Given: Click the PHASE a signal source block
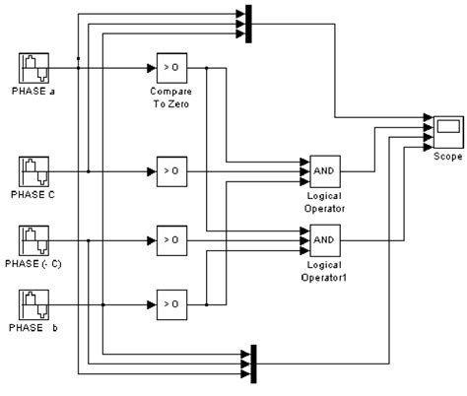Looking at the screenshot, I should tap(34, 70).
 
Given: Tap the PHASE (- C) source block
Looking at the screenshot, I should tap(34, 240).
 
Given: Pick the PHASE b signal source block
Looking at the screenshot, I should tap(34, 307).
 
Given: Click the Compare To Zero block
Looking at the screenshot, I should tap(169, 69).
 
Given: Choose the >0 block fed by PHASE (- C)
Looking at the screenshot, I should tap(169, 239).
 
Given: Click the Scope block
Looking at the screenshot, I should tap(446, 129).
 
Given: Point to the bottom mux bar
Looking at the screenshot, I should tap(253, 362).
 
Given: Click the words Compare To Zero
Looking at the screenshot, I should tap(169, 99).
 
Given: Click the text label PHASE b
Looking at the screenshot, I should tap(35, 335).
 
